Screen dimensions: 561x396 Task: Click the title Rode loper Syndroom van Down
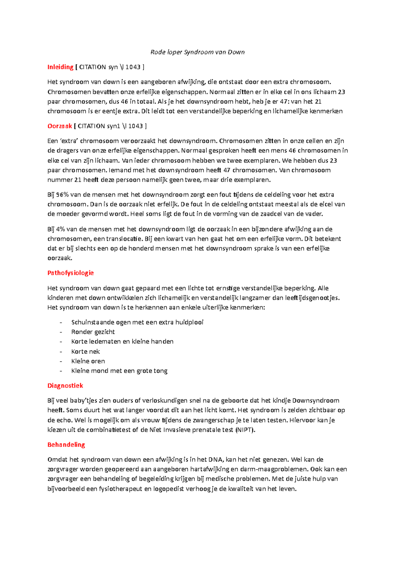pyautogui.click(x=197, y=52)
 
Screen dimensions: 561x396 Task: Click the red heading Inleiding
pyautogui.click(x=60, y=67)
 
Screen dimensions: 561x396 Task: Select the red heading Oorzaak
pyautogui.click(x=60, y=126)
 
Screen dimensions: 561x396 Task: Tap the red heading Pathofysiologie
pyautogui.click(x=71, y=273)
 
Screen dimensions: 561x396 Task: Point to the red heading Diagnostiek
pyautogui.click(x=65, y=386)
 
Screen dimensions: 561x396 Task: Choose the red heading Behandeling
pyautogui.click(x=66, y=445)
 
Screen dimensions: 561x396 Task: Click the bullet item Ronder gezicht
pyautogui.click(x=93, y=332)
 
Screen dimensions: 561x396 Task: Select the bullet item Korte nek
pyautogui.click(x=85, y=352)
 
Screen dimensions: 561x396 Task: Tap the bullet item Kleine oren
pyautogui.click(x=88, y=361)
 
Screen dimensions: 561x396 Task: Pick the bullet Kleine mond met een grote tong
pyautogui.click(x=119, y=371)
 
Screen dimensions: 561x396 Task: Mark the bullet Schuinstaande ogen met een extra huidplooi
pyautogui.click(x=137, y=322)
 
